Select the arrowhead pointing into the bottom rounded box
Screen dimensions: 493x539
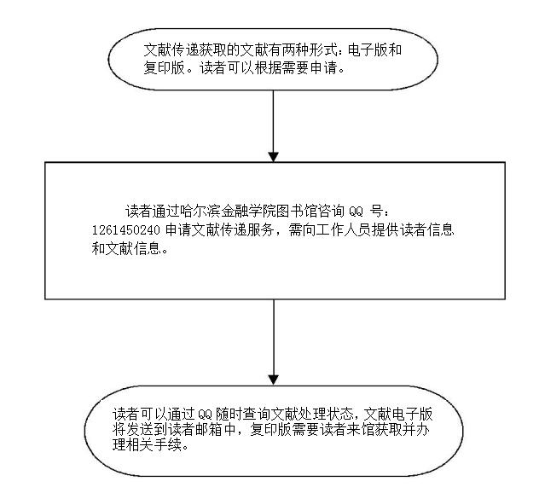(x=273, y=377)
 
